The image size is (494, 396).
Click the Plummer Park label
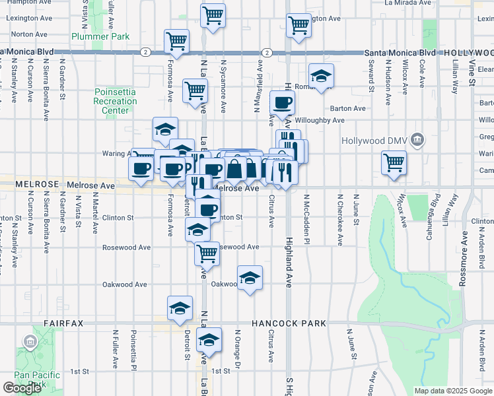(100, 37)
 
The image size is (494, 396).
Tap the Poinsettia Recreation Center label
(116, 101)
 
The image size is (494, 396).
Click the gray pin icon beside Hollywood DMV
(417, 140)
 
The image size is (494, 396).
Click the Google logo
(22, 388)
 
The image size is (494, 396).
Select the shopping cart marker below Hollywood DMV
(394, 162)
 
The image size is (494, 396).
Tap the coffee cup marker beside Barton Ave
(283, 102)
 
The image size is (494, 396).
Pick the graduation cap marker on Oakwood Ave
(250, 278)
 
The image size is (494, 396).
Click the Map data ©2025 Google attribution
(452, 391)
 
